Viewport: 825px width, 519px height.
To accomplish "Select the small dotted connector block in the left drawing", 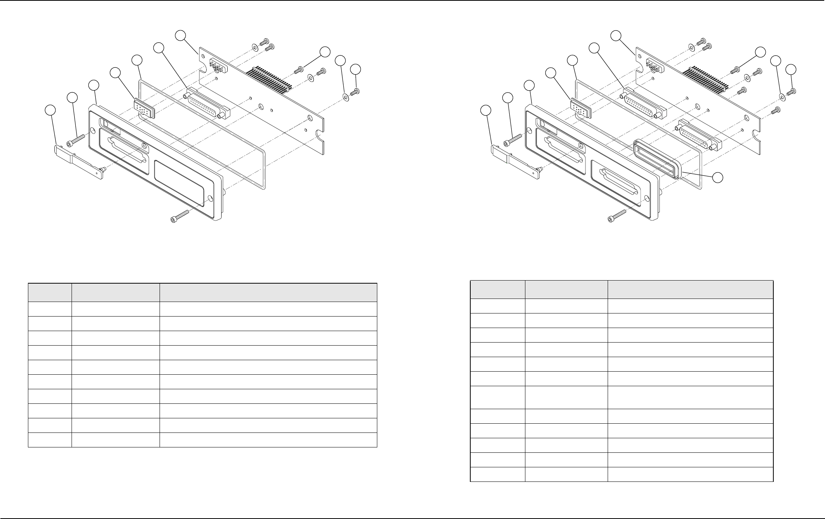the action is (x=145, y=109).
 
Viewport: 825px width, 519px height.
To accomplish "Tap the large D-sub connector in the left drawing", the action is (x=208, y=103).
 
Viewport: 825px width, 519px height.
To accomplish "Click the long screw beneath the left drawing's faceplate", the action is (x=180, y=216).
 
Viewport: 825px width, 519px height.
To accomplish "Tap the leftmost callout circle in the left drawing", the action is (x=50, y=110).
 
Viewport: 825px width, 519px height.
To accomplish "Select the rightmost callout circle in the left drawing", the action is (x=356, y=69).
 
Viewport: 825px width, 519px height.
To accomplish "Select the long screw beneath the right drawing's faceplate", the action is (x=618, y=216).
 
